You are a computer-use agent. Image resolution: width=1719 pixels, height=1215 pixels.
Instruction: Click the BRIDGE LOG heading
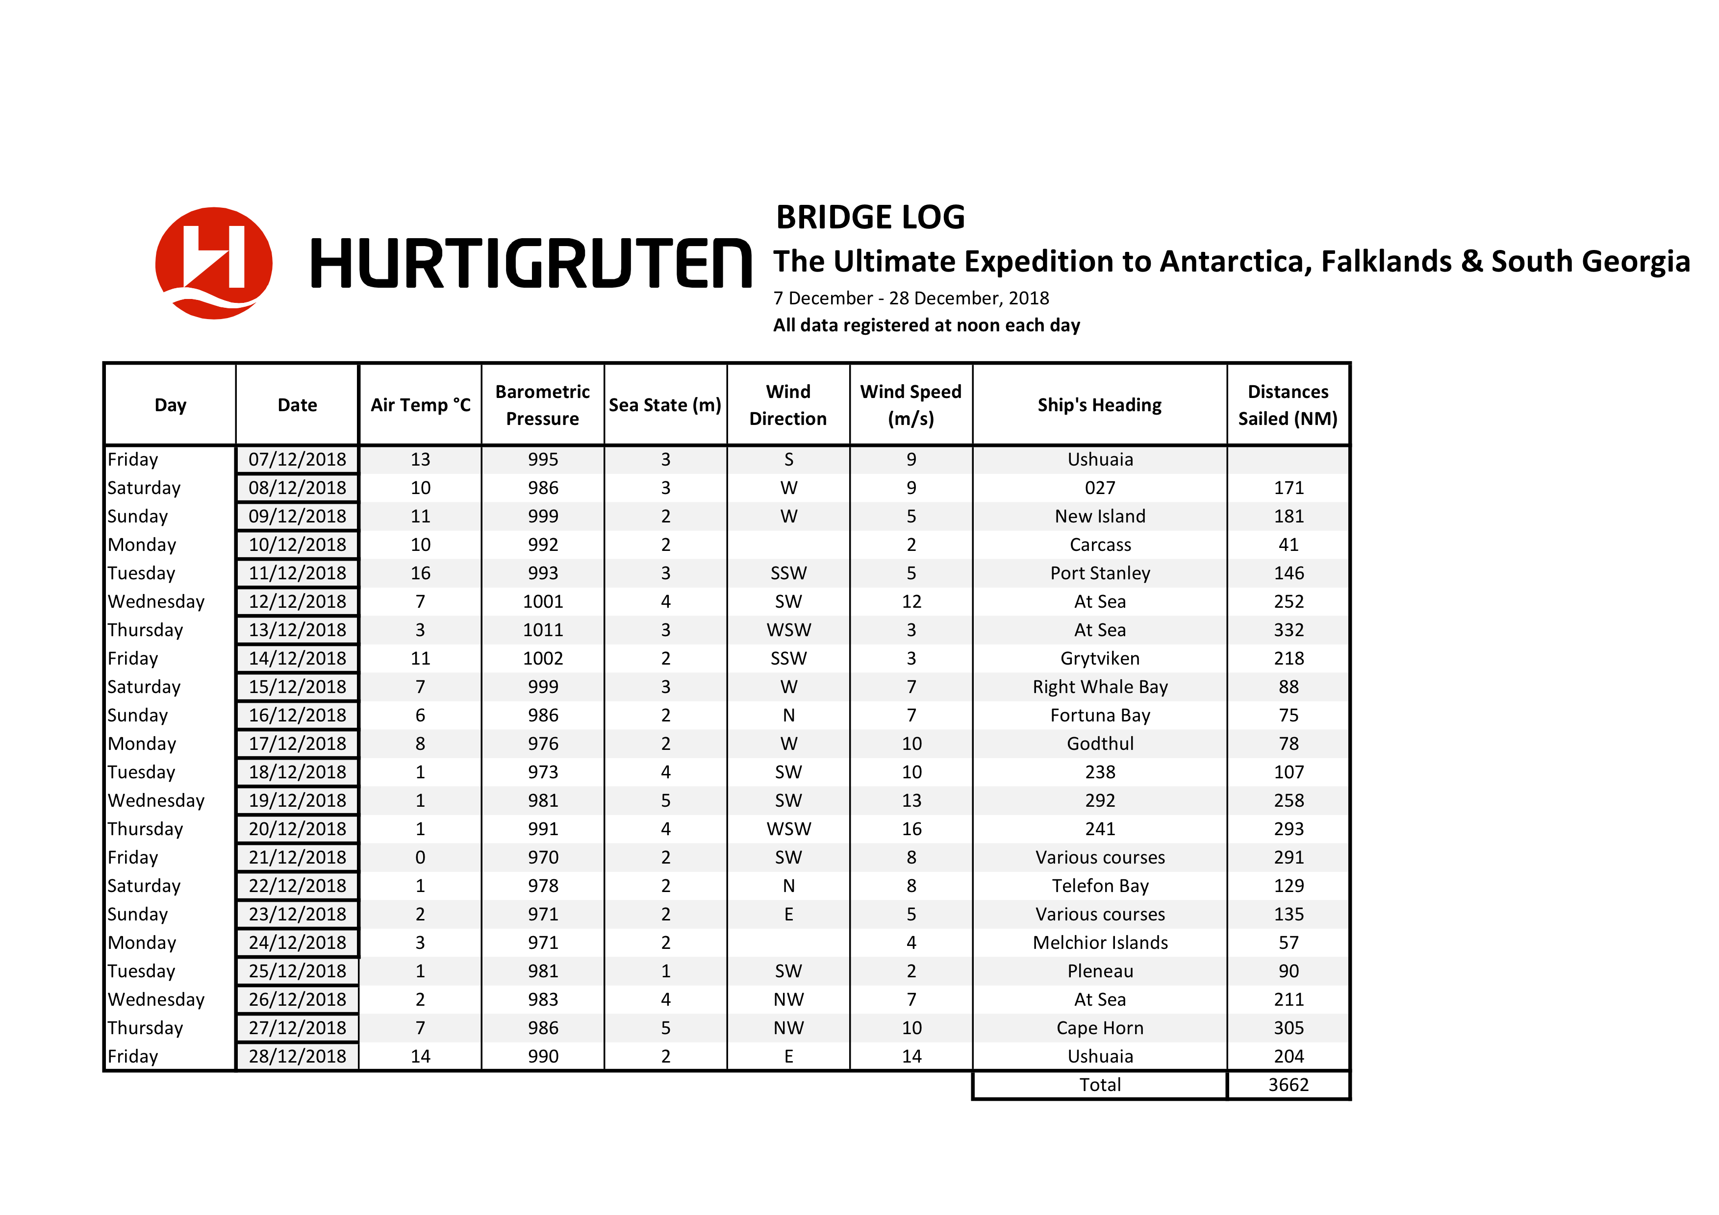point(870,217)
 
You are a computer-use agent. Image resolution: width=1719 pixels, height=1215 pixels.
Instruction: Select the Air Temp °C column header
point(420,405)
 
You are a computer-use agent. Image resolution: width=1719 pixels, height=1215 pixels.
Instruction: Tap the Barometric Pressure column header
point(542,405)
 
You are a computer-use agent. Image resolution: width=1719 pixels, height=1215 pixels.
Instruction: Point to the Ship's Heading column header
point(1099,405)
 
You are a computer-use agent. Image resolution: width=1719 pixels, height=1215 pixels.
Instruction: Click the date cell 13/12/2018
point(297,630)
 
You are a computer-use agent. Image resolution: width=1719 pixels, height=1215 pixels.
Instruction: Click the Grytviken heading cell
point(1099,658)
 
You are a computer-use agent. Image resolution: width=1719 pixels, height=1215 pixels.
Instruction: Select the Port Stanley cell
point(1099,572)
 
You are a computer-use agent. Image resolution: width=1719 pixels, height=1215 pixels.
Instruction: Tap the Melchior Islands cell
point(1099,942)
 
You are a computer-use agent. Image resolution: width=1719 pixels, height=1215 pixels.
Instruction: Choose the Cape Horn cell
point(1099,1028)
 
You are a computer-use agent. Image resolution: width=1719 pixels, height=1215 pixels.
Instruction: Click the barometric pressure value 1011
point(542,630)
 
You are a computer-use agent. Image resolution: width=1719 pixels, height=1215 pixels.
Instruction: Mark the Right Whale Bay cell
point(1099,687)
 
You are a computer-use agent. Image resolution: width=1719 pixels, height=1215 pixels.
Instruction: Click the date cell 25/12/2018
point(297,971)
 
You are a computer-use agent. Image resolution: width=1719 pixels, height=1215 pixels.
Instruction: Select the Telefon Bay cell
point(1099,886)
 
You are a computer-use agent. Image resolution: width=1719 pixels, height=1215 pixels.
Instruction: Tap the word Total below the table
point(1099,1085)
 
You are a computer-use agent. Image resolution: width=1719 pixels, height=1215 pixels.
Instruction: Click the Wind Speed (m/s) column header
point(910,405)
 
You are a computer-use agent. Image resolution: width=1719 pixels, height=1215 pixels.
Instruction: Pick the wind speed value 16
point(910,829)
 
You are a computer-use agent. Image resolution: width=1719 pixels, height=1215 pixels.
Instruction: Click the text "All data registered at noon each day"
point(926,325)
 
